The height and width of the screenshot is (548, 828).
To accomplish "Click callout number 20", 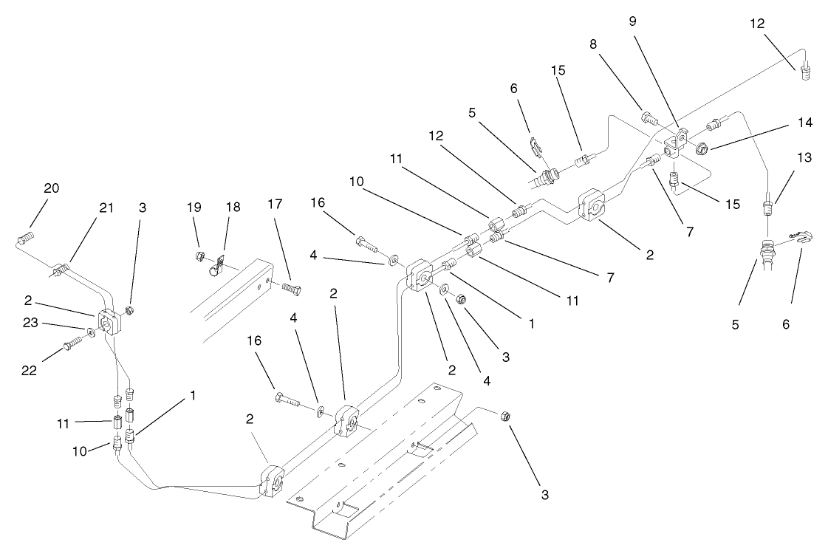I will tap(51, 188).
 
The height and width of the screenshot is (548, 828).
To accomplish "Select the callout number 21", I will tap(107, 208).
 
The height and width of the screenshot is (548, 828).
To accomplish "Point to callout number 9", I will tap(632, 21).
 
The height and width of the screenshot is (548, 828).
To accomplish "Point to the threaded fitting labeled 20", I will tap(25, 238).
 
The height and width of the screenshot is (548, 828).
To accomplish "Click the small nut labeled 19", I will tap(199, 256).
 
